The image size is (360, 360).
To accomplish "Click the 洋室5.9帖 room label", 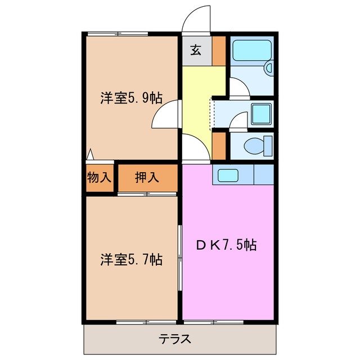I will point(131,98).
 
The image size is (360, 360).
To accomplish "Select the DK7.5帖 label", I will point(227,245).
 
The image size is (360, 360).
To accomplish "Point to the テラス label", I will point(174,340).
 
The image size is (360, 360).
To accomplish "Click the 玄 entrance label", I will point(195,51).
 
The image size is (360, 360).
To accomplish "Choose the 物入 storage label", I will point(100,178).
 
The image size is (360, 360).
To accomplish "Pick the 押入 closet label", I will point(147,178).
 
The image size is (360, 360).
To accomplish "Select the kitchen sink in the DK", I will point(229,175).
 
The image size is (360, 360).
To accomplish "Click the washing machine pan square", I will point(260,114).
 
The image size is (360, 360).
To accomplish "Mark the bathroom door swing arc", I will point(238,88).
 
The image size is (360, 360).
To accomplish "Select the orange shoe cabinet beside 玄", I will point(219,51).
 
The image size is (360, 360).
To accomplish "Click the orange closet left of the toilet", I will point(219,145).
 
